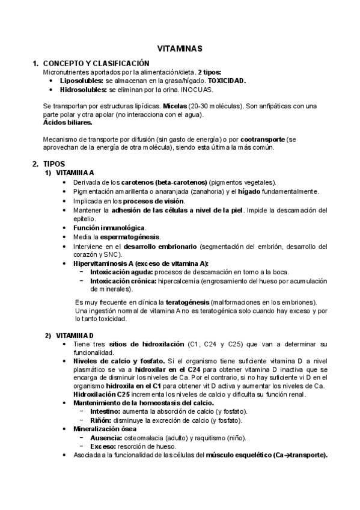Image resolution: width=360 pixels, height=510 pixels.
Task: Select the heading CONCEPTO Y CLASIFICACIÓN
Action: click(96, 63)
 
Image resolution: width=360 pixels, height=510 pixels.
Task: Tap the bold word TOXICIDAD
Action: click(227, 81)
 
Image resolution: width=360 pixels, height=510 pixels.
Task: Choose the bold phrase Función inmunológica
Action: click(109, 228)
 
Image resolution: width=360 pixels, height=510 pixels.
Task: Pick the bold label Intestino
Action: click(105, 411)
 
